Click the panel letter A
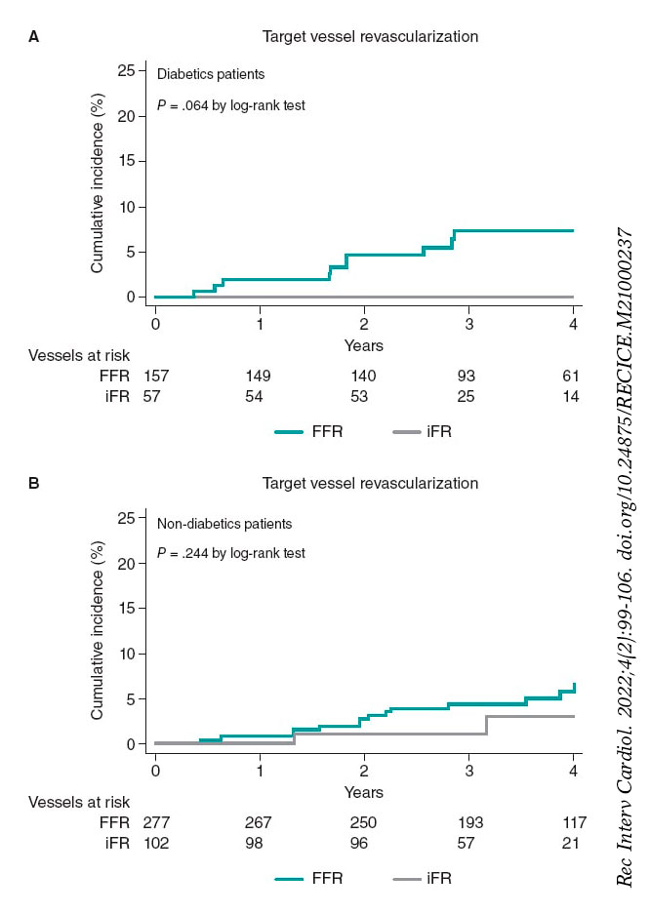pos(34,37)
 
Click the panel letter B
pos(34,483)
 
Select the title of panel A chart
pos(370,37)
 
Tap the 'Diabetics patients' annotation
pos(211,73)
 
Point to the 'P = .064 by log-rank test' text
pos(231,105)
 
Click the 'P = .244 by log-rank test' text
pos(231,553)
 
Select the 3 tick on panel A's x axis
pos(468,322)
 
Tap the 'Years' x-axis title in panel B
pos(364,791)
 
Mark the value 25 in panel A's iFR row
pos(468,395)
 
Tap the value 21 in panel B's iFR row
pos(571,842)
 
